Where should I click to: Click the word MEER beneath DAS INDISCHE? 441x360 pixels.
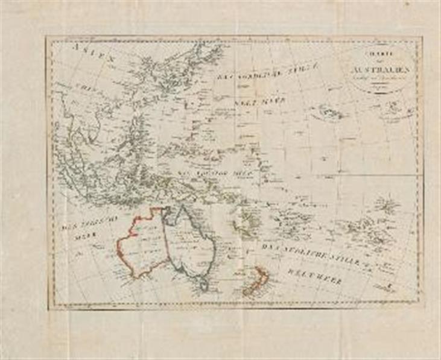click(x=80, y=237)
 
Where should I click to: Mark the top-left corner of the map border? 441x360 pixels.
click(x=47, y=37)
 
